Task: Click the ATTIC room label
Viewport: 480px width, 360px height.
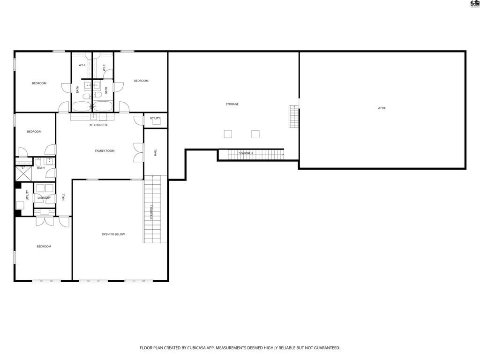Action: [382, 108]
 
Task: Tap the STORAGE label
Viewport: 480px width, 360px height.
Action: [232, 104]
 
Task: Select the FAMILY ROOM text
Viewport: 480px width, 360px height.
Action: [105, 151]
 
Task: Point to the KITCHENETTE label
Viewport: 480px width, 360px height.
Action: [99, 125]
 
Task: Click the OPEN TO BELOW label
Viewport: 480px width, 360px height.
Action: [113, 234]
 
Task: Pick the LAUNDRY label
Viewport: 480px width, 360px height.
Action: [44, 198]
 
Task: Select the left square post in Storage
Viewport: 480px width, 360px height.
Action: [228, 134]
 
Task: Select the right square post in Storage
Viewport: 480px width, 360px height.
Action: [255, 134]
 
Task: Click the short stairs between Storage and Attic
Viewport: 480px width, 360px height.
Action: [293, 116]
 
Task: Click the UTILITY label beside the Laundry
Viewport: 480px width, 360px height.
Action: [28, 195]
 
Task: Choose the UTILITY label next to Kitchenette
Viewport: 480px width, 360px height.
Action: [155, 118]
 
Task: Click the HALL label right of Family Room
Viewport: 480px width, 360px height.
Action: [155, 152]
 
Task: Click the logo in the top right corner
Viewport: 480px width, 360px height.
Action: [474, 4]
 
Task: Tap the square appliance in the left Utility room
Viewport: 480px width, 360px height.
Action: [20, 205]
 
